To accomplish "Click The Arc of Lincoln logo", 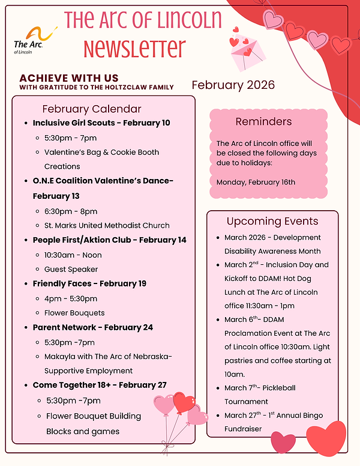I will pos(34,38).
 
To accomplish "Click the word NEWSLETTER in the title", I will pos(134,48).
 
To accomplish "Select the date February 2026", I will pos(233,85).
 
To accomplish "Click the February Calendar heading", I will pos(92,109).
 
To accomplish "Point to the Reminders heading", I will pos(263,121).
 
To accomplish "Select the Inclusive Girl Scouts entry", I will pos(101,123).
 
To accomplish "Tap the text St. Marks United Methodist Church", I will pos(107,226).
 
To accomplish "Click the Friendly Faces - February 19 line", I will pos(89,283).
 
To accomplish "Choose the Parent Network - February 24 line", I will pos(93,327).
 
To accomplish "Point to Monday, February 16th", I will pos(256,182).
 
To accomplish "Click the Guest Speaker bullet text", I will pos(71,270).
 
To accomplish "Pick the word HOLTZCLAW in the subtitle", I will pos(123,87).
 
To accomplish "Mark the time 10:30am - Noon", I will pos(73,255).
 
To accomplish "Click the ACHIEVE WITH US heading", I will pos(69,78).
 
